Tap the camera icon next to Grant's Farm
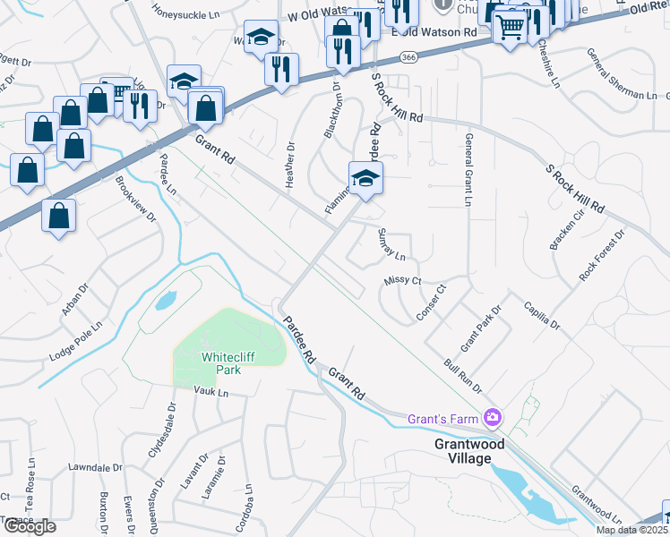pyautogui.click(x=492, y=418)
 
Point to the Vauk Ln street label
pyautogui.click(x=211, y=392)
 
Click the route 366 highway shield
pyautogui.click(x=408, y=57)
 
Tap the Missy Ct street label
pyautogui.click(x=402, y=280)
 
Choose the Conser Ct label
pyautogui.click(x=430, y=302)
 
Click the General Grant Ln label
pyautogui.click(x=468, y=170)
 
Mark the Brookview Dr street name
pyautogui.click(x=135, y=200)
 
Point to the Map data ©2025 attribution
pyautogui.click(x=631, y=530)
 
